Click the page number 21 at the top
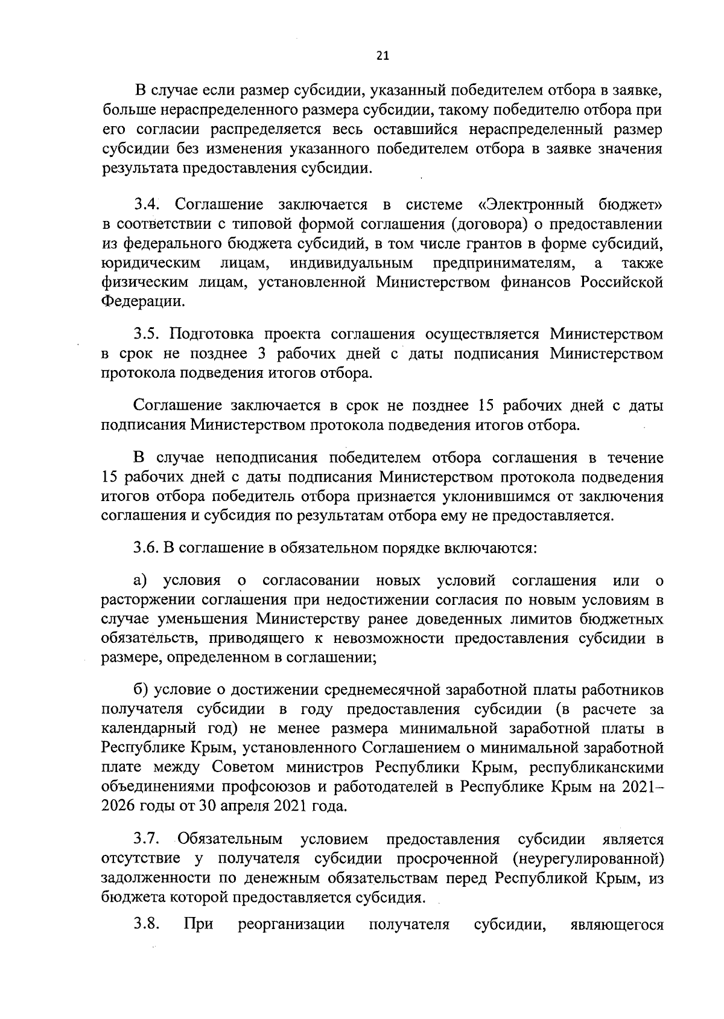pyautogui.click(x=383, y=56)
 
